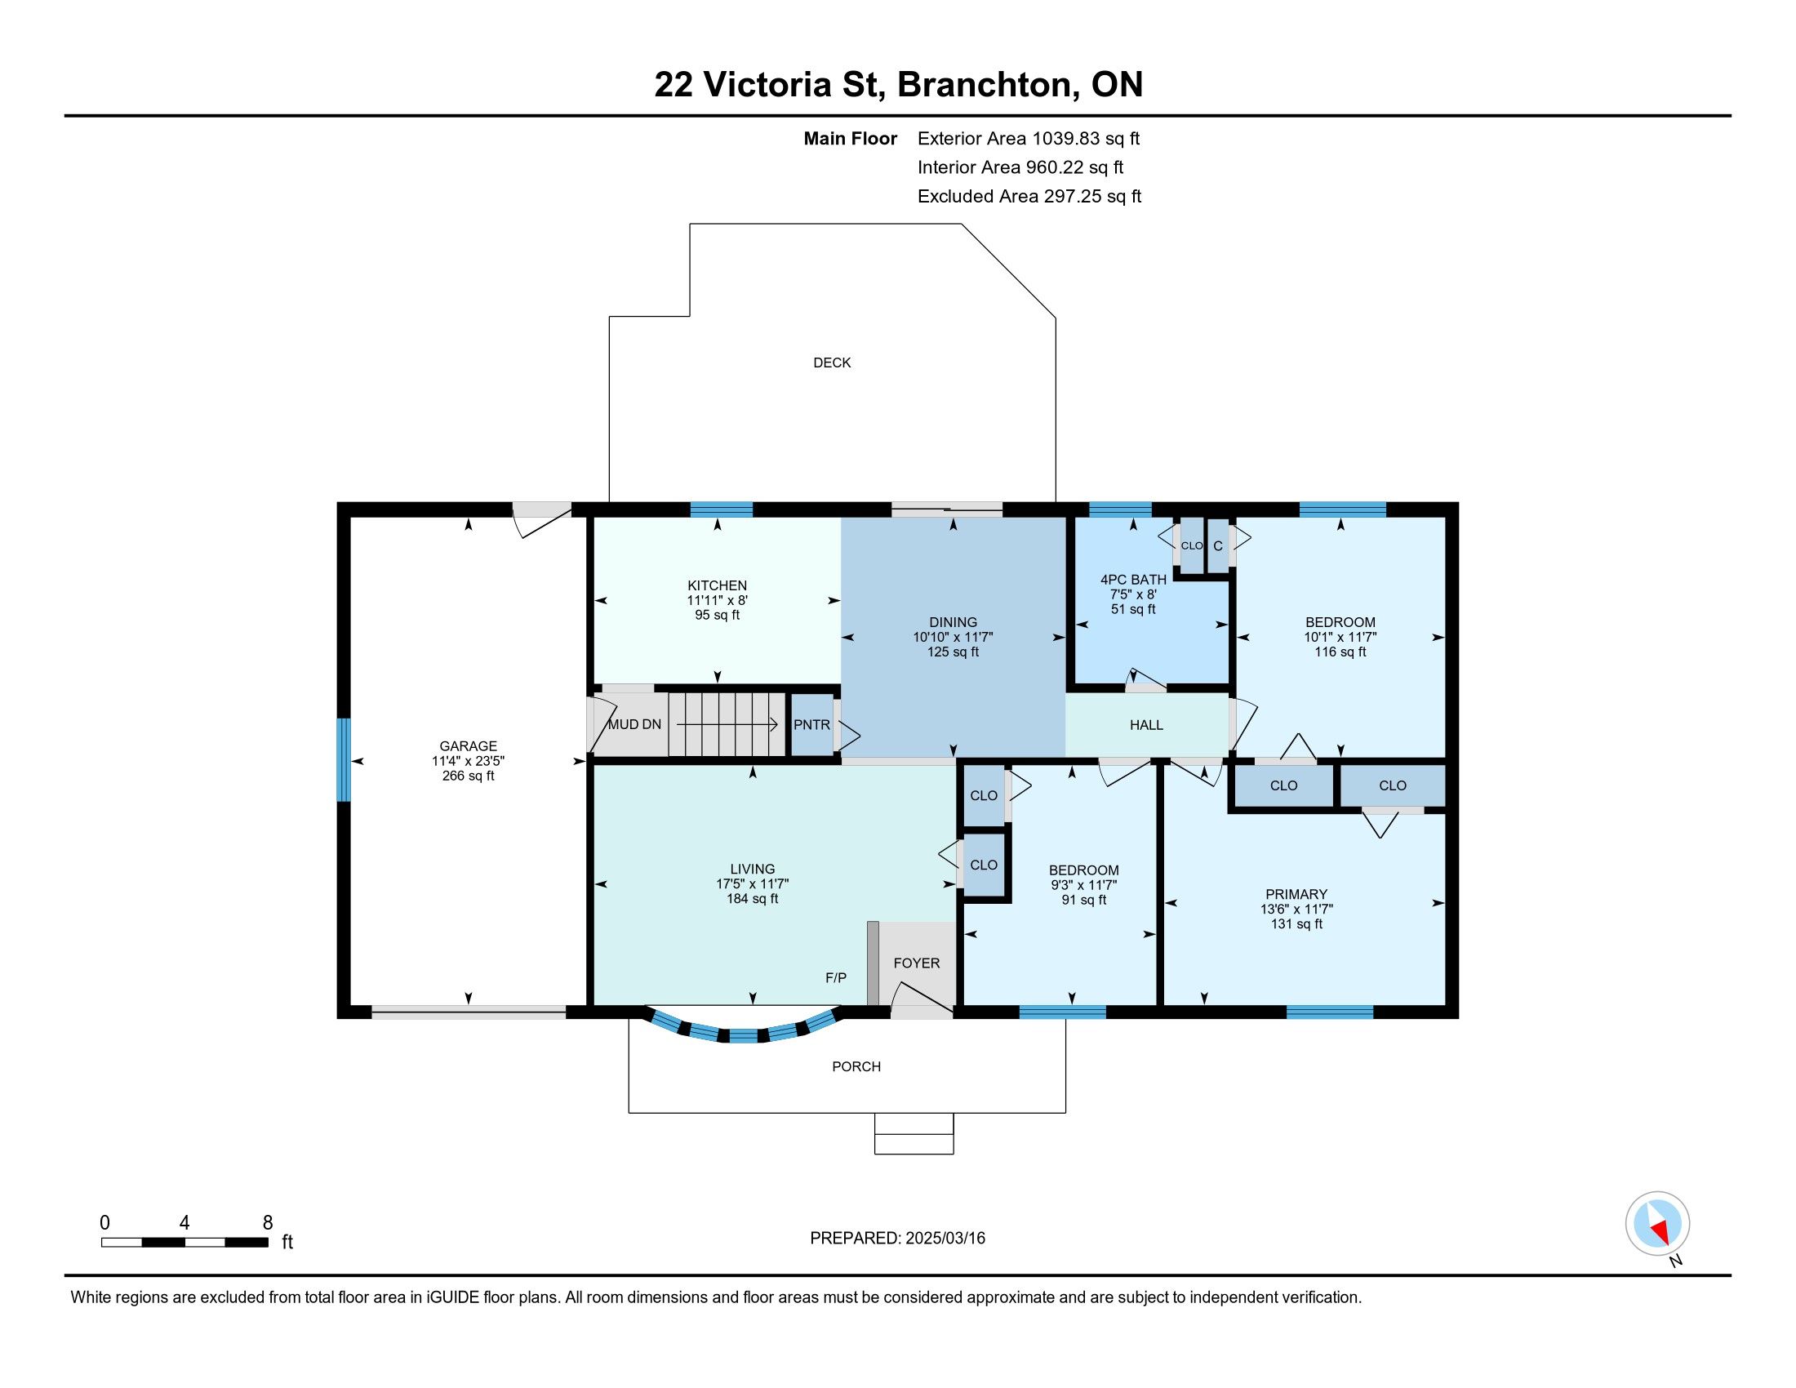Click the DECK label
[831, 363]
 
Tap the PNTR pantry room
[811, 724]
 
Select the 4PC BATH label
[1133, 580]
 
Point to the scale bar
[184, 1242]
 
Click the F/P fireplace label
[835, 977]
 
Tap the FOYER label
[916, 963]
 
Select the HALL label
[1146, 724]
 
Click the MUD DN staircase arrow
[727, 724]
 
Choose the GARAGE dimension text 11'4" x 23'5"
[468, 761]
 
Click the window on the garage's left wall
[344, 760]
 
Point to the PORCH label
[856, 1066]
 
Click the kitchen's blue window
[721, 509]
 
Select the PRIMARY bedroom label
[1296, 894]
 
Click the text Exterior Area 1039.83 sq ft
[1029, 138]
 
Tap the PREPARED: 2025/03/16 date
[897, 1238]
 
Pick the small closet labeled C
[1218, 545]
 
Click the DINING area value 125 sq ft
[953, 652]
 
